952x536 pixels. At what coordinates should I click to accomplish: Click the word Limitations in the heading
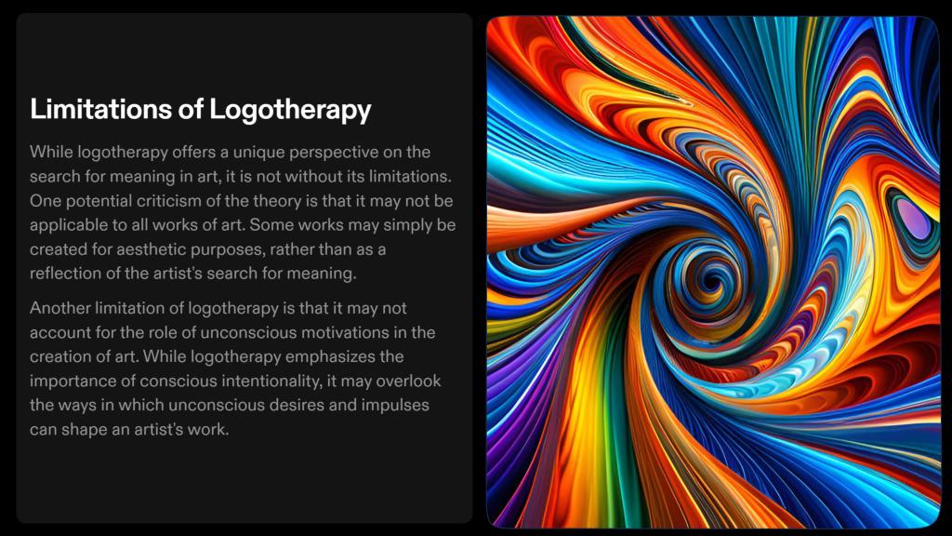[101, 110]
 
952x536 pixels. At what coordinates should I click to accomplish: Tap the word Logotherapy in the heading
[290, 111]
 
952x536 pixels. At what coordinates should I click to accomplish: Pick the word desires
[296, 406]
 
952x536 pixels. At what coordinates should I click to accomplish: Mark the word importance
[68, 381]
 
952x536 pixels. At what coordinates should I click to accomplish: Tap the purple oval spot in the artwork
[912, 219]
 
